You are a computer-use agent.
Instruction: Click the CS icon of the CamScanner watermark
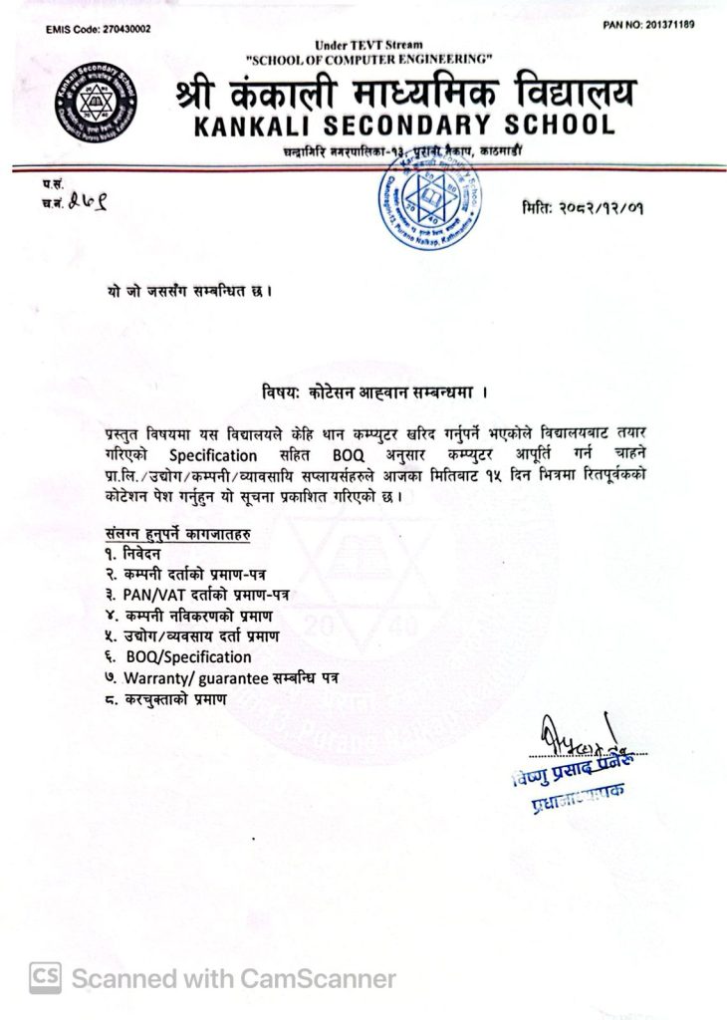[46, 978]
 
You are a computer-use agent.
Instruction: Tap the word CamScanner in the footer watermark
[316, 978]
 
